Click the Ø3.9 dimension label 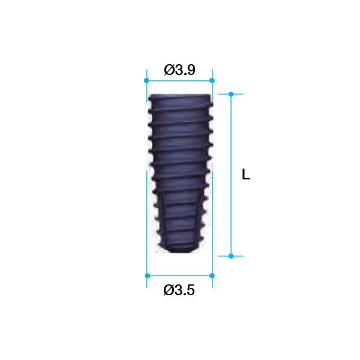tap(179, 70)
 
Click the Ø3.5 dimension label tap(179, 290)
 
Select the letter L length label tap(246, 174)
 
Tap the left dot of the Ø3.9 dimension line tap(146, 80)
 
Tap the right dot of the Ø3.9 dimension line tap(212, 80)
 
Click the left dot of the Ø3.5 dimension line tap(148, 275)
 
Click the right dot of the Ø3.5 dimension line tap(212, 275)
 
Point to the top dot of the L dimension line tap(231, 94)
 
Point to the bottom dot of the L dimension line tap(231, 256)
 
